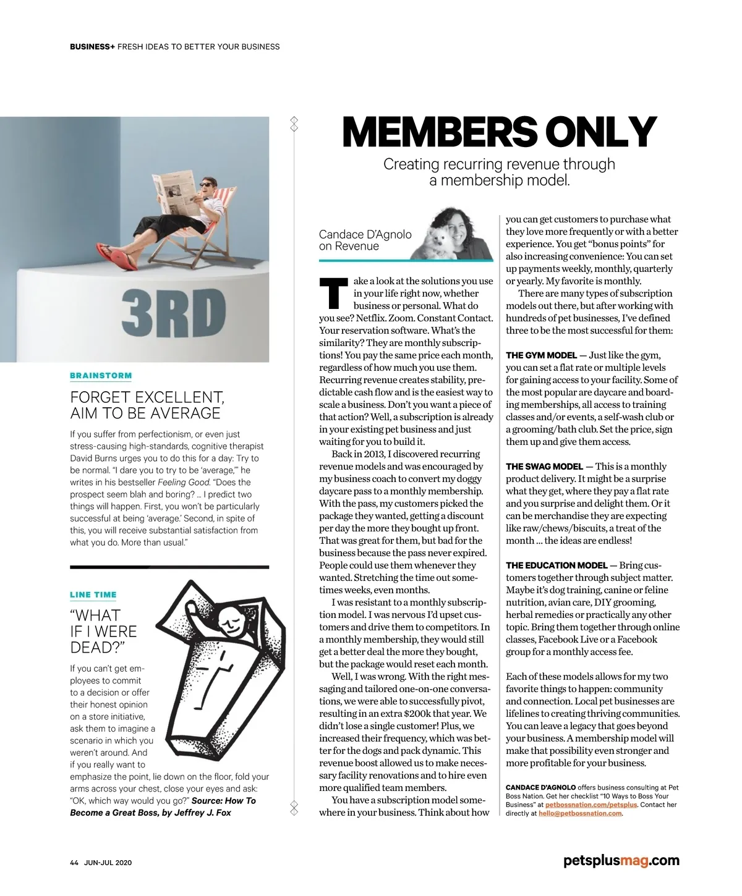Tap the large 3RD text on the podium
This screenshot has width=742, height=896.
pos(174,314)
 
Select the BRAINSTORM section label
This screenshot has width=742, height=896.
pos(101,375)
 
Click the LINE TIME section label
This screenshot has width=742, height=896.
pos(93,594)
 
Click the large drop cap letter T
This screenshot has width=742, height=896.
pos(333,294)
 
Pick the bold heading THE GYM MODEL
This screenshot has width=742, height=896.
pos(542,355)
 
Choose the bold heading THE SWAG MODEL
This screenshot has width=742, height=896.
pos(544,467)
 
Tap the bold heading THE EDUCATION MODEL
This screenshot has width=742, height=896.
pos(556,565)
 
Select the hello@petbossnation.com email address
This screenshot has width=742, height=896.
pos(580,813)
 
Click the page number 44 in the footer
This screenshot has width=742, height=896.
pos(74,863)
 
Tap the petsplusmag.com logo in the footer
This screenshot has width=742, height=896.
pos(621,860)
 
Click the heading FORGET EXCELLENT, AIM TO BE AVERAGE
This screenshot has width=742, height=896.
pos(147,405)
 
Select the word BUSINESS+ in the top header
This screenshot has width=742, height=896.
pos(92,46)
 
